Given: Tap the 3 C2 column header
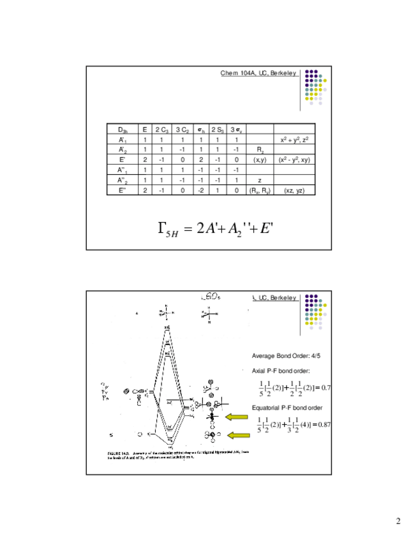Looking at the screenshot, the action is [183, 129].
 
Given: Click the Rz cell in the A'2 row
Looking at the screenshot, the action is [260, 149].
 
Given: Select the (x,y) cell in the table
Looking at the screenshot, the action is [260, 159].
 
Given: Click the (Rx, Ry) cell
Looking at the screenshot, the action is [260, 190].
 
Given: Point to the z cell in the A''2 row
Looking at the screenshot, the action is [260, 180].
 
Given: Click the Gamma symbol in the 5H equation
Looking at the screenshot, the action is [161, 228].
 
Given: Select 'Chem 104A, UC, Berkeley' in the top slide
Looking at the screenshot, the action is [258, 73].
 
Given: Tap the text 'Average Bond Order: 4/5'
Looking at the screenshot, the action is [285, 355].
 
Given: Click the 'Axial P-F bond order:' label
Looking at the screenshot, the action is [281, 371].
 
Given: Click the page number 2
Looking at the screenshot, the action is [398, 521].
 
